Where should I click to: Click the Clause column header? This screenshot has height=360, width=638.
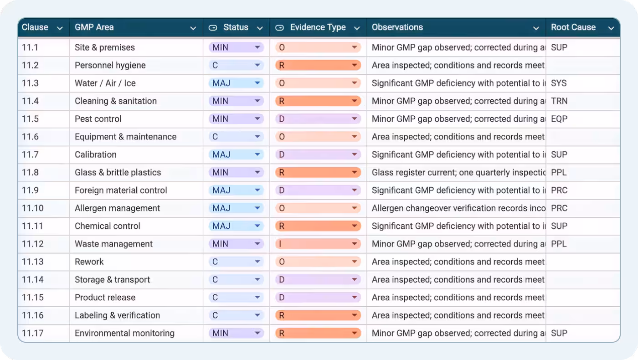35,27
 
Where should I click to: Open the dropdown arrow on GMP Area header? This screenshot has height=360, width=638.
193,28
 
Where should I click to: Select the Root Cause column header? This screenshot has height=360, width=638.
573,27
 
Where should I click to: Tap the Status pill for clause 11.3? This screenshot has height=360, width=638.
236,83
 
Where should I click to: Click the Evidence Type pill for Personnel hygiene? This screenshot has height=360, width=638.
318,66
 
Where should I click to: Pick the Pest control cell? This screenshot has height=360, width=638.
98,119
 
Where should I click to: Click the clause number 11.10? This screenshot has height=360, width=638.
33,208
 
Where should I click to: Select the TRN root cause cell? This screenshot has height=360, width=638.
559,101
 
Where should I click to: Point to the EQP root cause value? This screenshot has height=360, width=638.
559,119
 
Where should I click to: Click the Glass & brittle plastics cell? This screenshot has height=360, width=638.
118,173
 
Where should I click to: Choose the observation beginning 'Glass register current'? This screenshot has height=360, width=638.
458,173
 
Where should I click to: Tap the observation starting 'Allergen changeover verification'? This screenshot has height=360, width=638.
458,208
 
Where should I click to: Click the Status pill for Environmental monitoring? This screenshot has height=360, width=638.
236,334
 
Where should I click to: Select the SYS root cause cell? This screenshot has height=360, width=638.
559,83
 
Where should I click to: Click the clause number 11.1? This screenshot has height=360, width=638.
30,47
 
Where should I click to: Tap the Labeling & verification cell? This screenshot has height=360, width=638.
117,315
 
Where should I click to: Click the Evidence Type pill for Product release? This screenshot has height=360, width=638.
318,298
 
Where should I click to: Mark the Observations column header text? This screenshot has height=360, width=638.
397,27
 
